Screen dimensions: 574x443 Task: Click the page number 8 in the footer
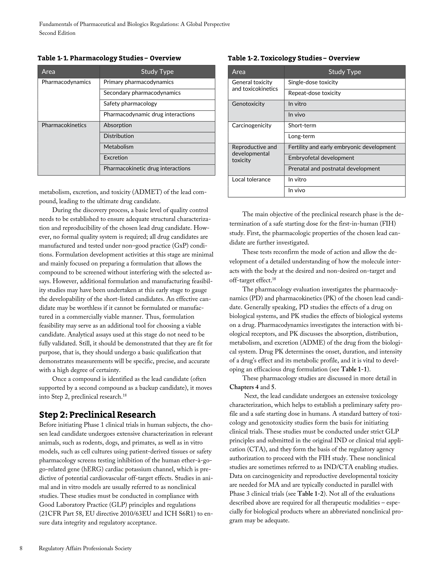(21, 548)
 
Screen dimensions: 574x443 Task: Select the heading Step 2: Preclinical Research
(97, 414)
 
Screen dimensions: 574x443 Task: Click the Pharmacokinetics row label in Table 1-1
(64, 125)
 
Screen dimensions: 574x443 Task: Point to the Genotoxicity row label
(248, 104)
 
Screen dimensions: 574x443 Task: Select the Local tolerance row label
(251, 179)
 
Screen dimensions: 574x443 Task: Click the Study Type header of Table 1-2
(344, 72)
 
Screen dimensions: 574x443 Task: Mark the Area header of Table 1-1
(48, 72)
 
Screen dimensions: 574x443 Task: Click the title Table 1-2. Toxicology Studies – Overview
(293, 58)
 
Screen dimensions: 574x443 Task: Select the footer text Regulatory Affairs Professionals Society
(85, 548)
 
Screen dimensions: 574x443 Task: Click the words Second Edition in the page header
(57, 33)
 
